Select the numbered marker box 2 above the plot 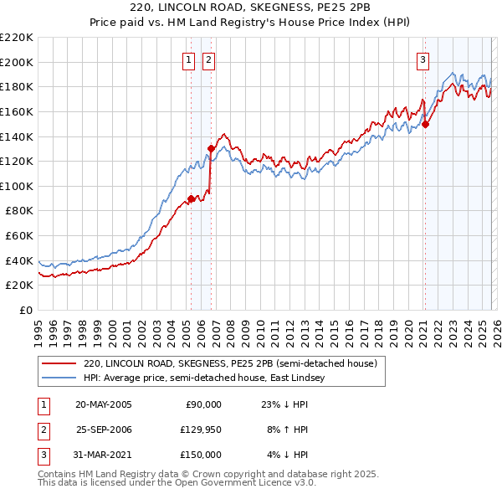pyautogui.click(x=207, y=59)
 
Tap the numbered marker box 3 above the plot pyautogui.click(x=423, y=59)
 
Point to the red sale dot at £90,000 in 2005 pyautogui.click(x=191, y=198)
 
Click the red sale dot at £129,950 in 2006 pyautogui.click(x=211, y=149)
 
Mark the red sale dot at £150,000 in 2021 pyautogui.click(x=425, y=124)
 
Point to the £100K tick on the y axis pyautogui.click(x=18, y=186)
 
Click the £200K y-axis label pyautogui.click(x=18, y=62)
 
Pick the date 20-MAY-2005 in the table pyautogui.click(x=104, y=404)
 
